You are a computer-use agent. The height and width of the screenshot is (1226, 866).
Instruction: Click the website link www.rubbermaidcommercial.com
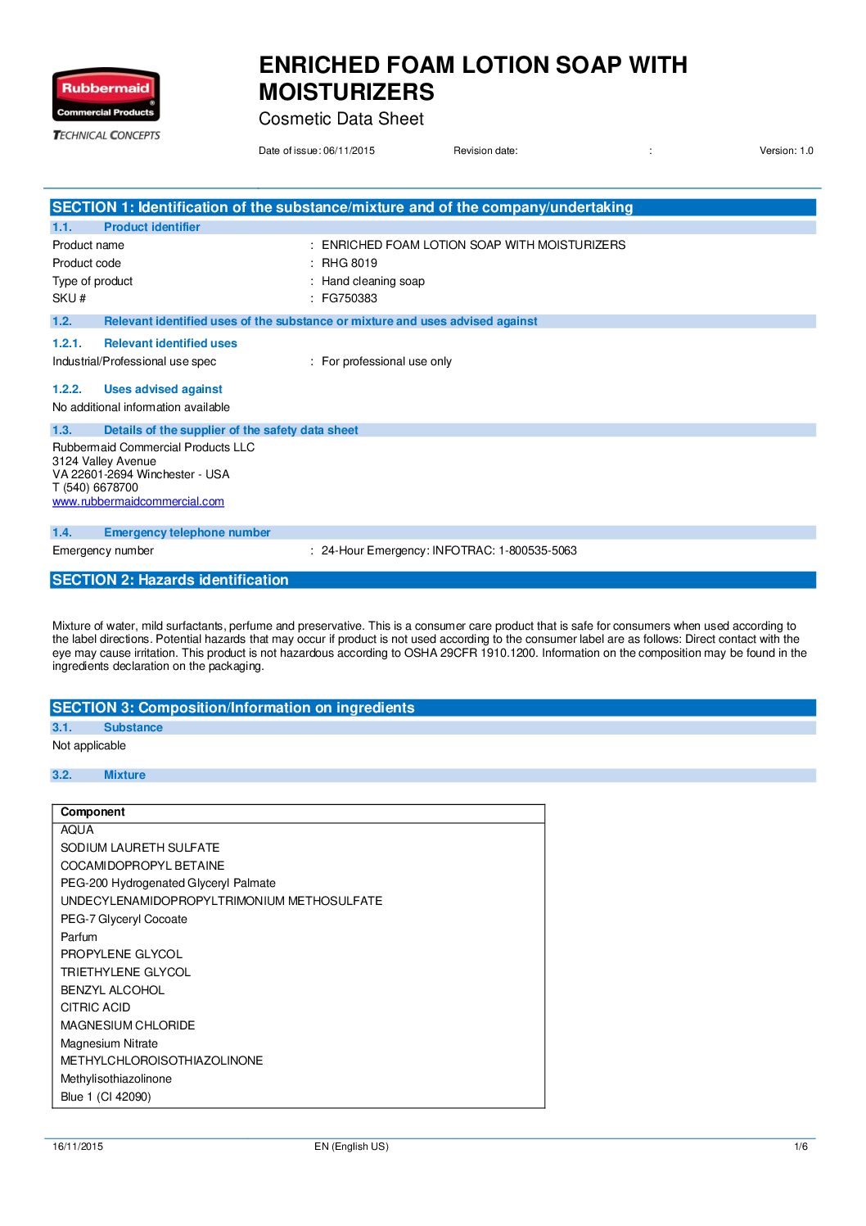tap(138, 501)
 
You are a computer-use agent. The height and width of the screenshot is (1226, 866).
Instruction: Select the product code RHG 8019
tap(350, 263)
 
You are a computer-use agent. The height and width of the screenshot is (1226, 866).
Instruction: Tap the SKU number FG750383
tap(350, 298)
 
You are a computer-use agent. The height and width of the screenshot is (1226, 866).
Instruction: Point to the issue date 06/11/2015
tap(349, 151)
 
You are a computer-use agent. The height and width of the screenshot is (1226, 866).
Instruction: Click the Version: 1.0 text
tap(786, 151)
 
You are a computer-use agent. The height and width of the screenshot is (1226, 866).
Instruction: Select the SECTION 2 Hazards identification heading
tap(170, 580)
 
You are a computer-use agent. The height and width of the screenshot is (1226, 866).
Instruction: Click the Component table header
tap(93, 812)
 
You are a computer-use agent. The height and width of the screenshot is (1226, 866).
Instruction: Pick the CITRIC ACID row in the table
tap(95, 1007)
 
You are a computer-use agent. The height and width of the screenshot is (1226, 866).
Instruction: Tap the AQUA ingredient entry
tap(77, 830)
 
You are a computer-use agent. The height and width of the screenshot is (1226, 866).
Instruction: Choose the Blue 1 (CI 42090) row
tap(106, 1097)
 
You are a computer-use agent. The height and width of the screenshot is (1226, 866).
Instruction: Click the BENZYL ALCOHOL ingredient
tap(112, 990)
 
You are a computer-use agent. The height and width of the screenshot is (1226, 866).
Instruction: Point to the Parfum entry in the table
tap(79, 937)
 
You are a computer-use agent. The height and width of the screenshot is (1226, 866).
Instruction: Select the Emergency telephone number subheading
tap(187, 532)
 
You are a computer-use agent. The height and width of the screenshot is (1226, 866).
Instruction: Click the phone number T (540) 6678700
tap(95, 487)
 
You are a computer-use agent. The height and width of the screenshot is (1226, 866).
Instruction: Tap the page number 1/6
tap(801, 1147)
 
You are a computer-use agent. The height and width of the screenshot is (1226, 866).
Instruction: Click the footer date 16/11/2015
tap(78, 1147)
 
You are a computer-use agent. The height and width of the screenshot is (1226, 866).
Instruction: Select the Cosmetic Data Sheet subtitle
tap(341, 119)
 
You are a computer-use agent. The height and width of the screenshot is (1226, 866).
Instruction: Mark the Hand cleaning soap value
tap(373, 281)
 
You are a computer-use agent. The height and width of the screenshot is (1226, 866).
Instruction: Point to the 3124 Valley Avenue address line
tap(104, 461)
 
